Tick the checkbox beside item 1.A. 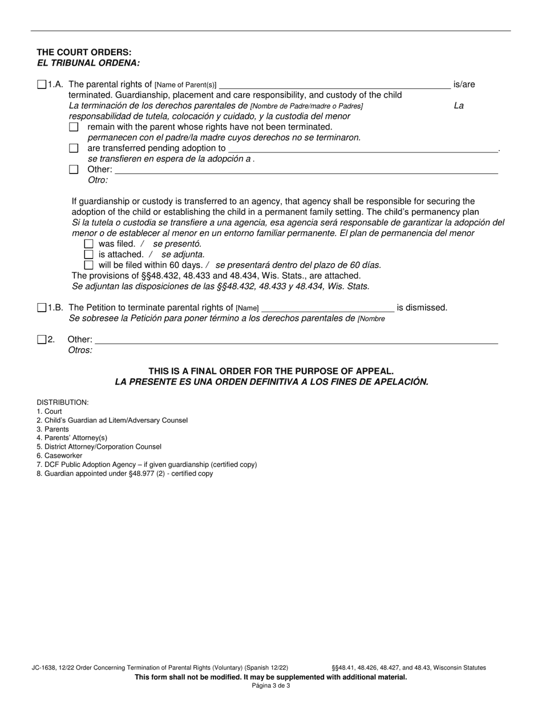(42, 84)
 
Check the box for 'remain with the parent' (74, 127)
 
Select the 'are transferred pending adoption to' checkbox (74, 148)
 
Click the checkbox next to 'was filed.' (88, 244)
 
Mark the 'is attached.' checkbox (88, 255)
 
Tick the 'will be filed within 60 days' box (88, 265)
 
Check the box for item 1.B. (42, 308)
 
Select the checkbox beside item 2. (42, 340)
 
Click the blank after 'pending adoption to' (363, 149)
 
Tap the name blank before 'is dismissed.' (327, 309)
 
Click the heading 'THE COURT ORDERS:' (84, 53)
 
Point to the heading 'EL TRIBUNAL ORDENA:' (88, 63)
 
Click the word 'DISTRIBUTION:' (63, 402)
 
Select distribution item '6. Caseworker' (59, 456)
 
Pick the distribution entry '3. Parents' (52, 429)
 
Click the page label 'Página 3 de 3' (271, 686)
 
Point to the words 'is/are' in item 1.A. (464, 84)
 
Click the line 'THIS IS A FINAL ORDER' (271, 371)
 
